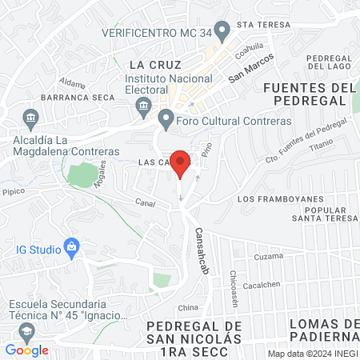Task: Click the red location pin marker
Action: tap(181, 162)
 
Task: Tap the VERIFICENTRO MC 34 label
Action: tap(156, 33)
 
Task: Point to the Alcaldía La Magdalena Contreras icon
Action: tap(31, 118)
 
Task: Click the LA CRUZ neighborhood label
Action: tap(156, 64)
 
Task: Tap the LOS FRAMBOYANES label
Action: tap(280, 198)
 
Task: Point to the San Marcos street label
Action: tap(251, 69)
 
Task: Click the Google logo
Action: tap(26, 350)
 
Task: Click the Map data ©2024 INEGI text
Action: tap(311, 354)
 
